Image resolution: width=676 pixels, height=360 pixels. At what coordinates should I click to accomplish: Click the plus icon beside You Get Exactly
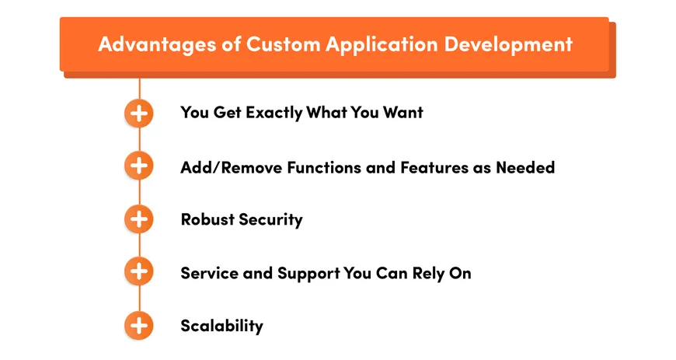point(139,114)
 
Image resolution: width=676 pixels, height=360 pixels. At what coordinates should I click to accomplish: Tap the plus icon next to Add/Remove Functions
point(139,166)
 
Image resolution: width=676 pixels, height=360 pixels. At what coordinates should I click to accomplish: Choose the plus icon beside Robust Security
point(139,219)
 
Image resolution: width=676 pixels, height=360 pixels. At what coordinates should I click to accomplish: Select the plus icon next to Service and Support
point(139,272)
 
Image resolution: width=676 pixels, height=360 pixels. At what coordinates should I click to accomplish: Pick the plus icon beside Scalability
point(139,325)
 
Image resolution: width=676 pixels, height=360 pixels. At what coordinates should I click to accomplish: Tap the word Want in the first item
point(402,113)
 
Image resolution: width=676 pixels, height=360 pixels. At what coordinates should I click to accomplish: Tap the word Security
point(270,219)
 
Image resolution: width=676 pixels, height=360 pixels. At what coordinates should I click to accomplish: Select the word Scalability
point(221,326)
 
